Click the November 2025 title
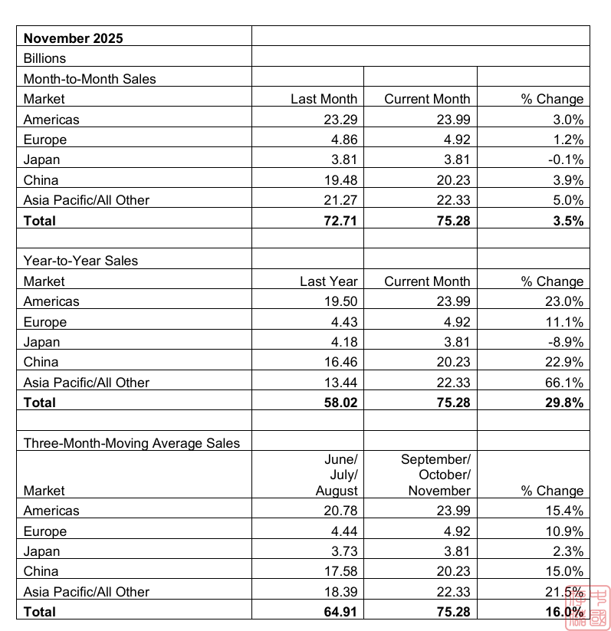73,38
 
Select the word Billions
44,58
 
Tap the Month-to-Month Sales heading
90,78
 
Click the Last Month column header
324,99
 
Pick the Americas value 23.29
340,119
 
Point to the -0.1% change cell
565,159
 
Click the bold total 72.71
340,221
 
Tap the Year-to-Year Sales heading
80,261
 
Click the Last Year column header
328,281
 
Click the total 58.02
340,403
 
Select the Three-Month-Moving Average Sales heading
131,443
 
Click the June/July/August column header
337,475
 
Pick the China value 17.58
340,571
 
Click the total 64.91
340,612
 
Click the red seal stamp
588,608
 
